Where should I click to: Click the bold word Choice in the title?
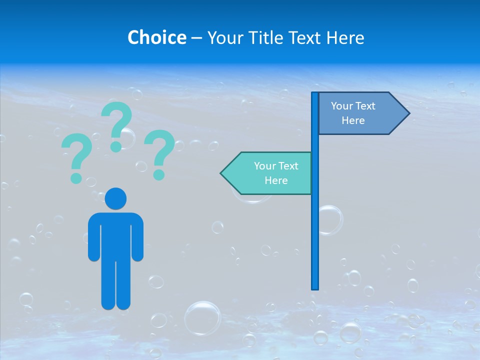(x=156, y=37)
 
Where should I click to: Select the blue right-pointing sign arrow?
(x=360, y=113)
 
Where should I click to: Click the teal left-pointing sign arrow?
(x=270, y=173)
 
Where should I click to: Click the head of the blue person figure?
(x=116, y=198)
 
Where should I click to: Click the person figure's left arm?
(x=94, y=237)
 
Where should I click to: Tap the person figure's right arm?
(x=137, y=237)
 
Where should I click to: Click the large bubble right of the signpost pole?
(x=330, y=220)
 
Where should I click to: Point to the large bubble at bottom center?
(x=202, y=317)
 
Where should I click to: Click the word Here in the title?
(x=345, y=37)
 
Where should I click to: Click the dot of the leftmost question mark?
(x=76, y=178)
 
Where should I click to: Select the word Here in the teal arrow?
(x=276, y=180)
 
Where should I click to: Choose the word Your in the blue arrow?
(x=342, y=106)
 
